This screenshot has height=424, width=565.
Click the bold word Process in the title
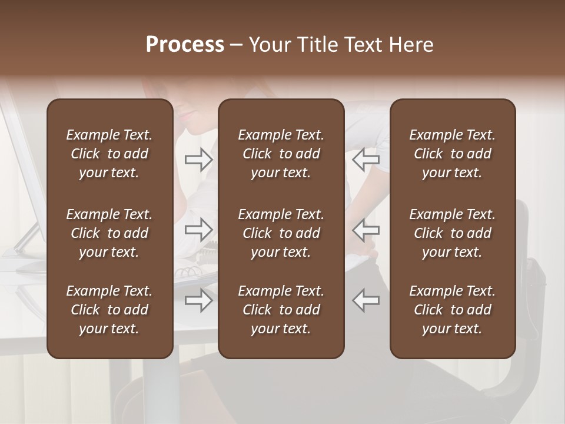[185, 45]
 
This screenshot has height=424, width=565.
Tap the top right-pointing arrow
[199, 160]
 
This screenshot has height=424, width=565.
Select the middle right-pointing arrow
[199, 230]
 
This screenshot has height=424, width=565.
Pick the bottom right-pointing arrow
[199, 301]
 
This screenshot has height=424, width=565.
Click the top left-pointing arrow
[365, 160]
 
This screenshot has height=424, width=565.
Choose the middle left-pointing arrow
[365, 230]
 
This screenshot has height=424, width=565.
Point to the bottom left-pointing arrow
[365, 301]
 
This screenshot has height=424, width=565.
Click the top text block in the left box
[109, 154]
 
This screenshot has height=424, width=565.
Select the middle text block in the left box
[109, 233]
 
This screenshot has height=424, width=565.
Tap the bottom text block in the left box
[109, 310]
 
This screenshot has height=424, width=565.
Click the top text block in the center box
[281, 154]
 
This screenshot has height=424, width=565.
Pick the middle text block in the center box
[281, 233]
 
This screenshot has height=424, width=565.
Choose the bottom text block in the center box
[281, 310]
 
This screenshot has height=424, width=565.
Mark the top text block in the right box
[453, 154]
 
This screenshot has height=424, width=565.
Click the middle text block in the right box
[453, 233]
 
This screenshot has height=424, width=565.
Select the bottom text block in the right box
[453, 310]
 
